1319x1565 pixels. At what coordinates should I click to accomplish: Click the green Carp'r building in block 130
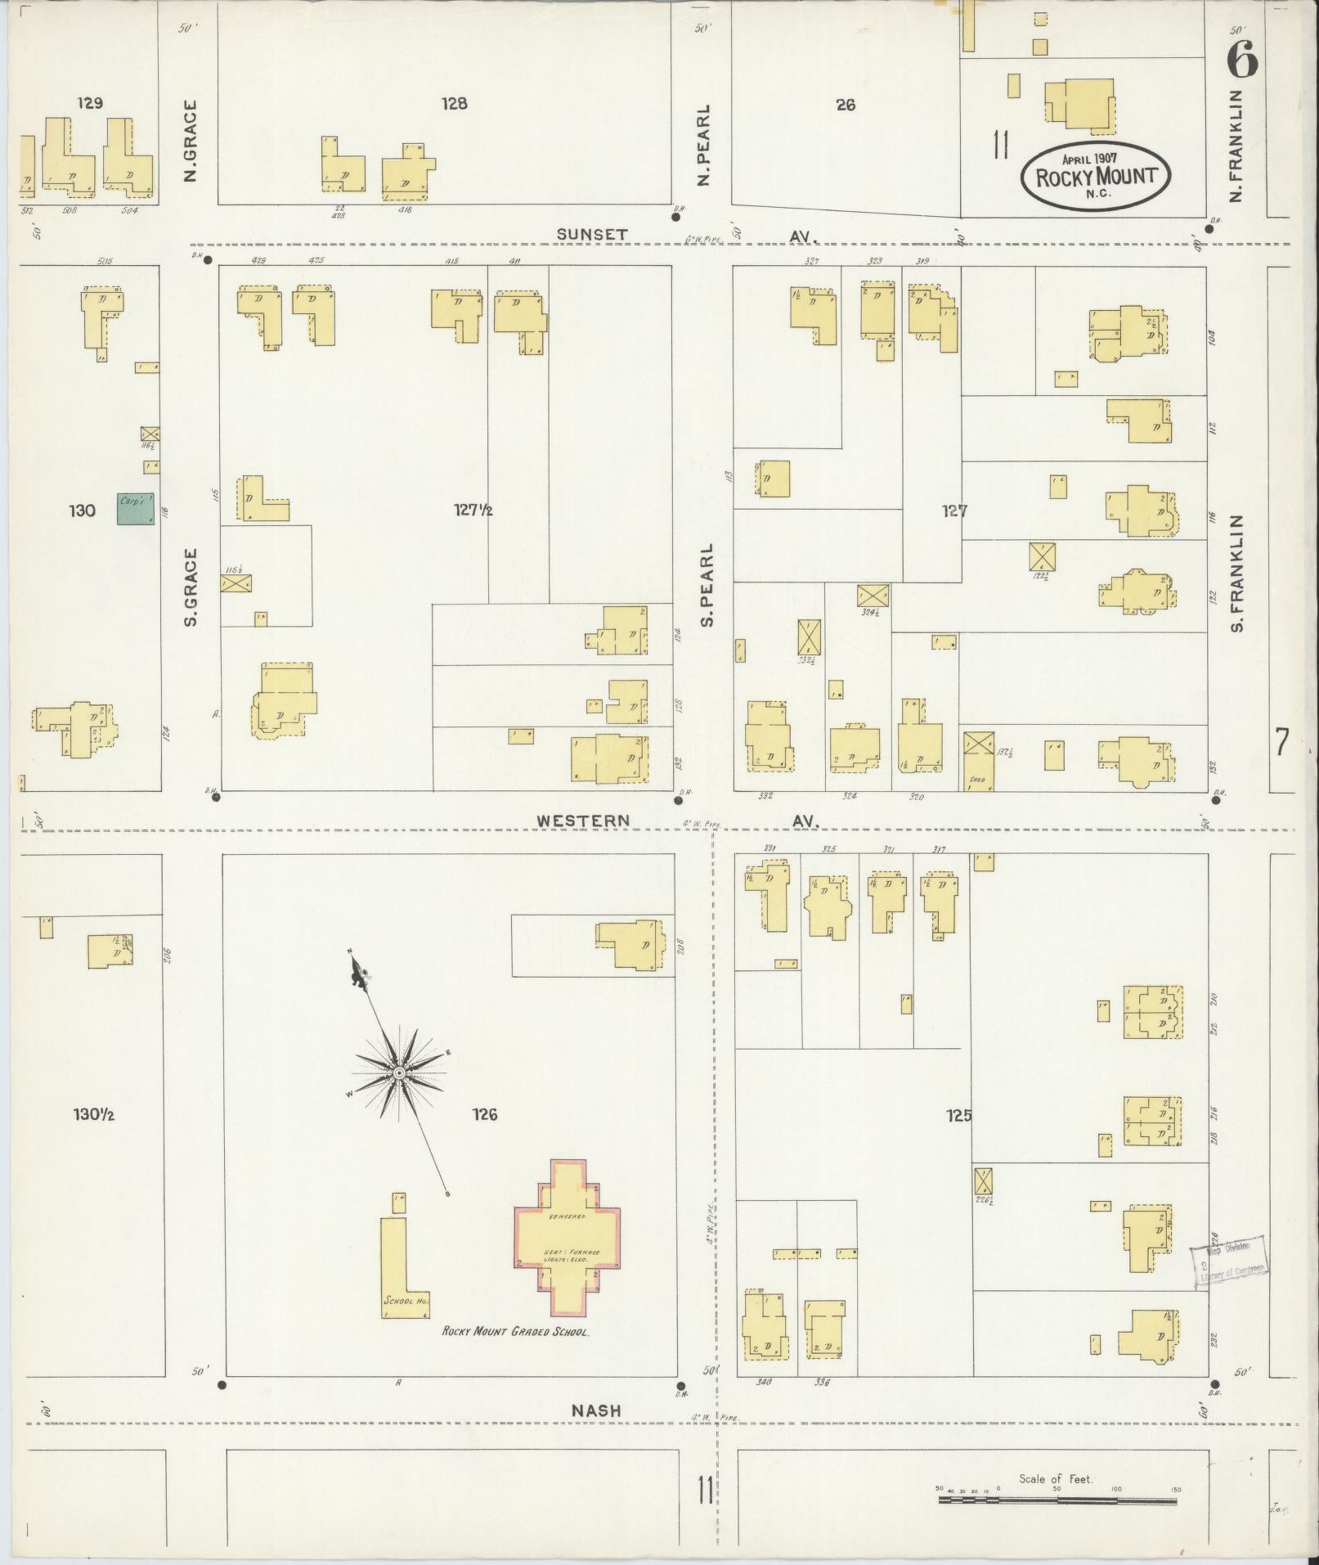pos(135,508)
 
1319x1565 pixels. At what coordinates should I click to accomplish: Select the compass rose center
pos(399,1073)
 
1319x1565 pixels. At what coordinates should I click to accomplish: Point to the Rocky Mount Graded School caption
pos(515,1331)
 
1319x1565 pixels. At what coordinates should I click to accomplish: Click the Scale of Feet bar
pos(1060,1501)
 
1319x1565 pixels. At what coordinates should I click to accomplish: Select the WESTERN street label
pos(583,820)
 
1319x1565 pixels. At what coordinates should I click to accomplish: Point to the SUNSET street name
pos(592,234)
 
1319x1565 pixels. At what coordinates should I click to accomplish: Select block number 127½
pos(473,510)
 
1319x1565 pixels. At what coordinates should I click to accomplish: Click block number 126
pos(484,1113)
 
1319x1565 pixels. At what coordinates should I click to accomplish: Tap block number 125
pos(958,1114)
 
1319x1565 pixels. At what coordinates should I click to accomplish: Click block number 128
pos(454,103)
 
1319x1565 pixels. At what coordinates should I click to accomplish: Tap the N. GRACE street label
pos(191,141)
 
